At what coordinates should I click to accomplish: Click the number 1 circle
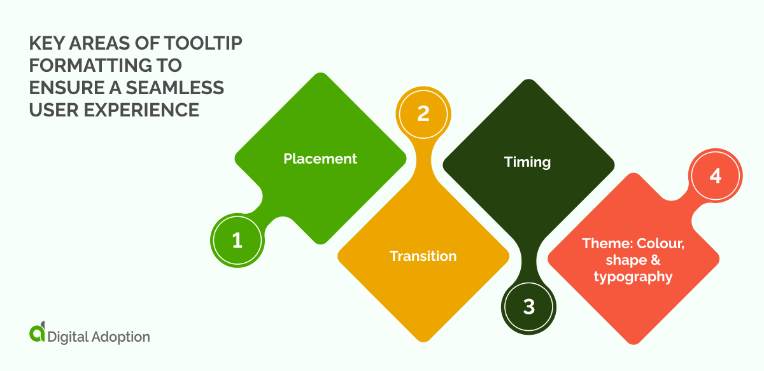coord(237,240)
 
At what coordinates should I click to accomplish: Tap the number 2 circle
coord(423,113)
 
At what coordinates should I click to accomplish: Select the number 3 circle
coord(528,306)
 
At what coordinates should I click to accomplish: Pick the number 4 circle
coord(715,175)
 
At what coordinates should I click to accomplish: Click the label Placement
coord(320,158)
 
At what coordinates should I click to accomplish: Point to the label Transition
coord(423,256)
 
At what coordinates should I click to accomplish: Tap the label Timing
coord(527,162)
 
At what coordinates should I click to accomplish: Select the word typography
coord(633,277)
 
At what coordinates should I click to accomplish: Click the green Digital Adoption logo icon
coord(38,333)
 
